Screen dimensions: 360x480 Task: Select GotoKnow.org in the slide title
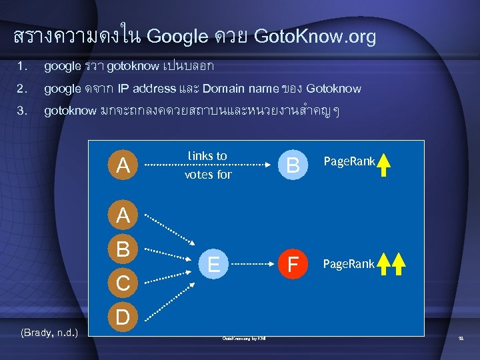[x=315, y=37]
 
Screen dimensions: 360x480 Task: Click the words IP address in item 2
[x=147, y=88]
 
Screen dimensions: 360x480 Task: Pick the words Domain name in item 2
[x=232, y=88]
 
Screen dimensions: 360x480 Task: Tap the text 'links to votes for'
[x=207, y=165]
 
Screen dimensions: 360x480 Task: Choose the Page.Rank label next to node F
[x=349, y=264]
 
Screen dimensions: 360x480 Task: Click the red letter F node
[x=291, y=265]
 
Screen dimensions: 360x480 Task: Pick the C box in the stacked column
[x=122, y=283]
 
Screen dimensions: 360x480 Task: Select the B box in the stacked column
[x=122, y=250]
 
